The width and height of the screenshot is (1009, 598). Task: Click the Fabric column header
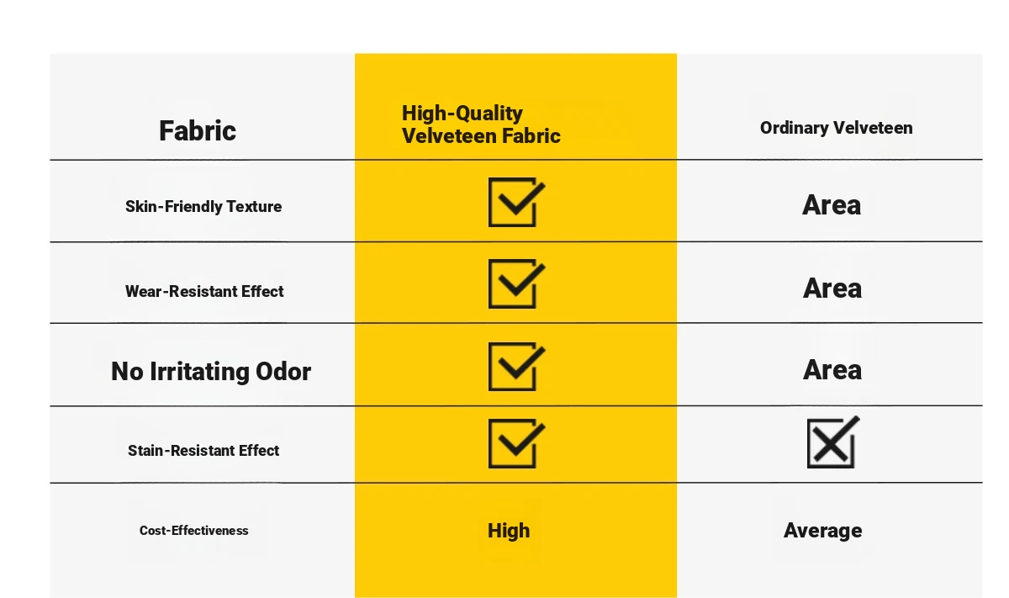click(198, 131)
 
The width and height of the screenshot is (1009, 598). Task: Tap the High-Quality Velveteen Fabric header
click(481, 124)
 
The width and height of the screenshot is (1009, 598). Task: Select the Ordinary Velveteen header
click(836, 128)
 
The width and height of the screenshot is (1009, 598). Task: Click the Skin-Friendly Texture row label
click(203, 206)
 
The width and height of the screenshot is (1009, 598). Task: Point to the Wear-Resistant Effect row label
click(204, 291)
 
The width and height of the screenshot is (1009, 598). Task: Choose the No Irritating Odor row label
click(211, 371)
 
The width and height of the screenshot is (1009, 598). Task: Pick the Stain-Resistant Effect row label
click(203, 450)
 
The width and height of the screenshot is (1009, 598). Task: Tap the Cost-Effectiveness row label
click(193, 531)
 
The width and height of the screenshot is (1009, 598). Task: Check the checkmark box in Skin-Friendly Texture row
click(489, 202)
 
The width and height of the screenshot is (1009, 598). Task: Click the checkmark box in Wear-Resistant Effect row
click(489, 284)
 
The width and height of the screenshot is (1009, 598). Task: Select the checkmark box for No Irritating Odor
click(489, 367)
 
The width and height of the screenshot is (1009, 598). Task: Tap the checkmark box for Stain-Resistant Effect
click(489, 443)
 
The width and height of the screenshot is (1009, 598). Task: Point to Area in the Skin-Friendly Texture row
click(832, 205)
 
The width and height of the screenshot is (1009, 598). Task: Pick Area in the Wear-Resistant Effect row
click(832, 288)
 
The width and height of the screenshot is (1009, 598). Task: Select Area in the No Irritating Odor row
click(832, 370)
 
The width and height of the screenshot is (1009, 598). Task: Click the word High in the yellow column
click(509, 531)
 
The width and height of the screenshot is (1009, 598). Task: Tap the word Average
click(822, 531)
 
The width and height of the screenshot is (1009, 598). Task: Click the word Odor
click(283, 371)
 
